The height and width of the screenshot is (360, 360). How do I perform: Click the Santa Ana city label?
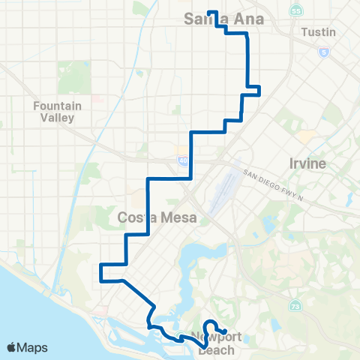[223, 20]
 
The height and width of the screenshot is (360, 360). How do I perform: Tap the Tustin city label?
[317, 33]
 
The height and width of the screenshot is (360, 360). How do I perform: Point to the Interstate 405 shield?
[183, 160]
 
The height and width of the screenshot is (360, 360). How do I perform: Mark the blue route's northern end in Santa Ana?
[208, 12]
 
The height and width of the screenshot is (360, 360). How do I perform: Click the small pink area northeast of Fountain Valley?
[97, 97]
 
